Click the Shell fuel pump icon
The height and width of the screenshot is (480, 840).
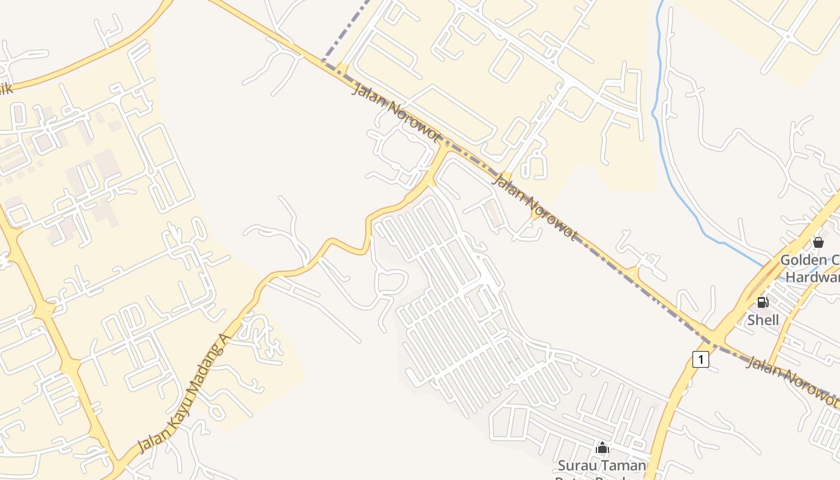click(763, 302)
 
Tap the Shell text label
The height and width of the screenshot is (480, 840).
click(763, 320)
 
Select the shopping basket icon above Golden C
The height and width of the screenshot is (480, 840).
click(818, 242)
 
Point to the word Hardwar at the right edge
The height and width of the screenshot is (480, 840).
click(813, 277)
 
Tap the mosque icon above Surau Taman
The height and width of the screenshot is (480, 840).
click(602, 448)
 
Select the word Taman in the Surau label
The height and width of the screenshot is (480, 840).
click(622, 465)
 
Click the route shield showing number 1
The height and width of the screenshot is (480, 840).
click(700, 359)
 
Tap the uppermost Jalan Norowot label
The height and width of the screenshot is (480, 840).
click(395, 113)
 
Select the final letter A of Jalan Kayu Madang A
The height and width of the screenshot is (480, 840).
click(226, 340)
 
